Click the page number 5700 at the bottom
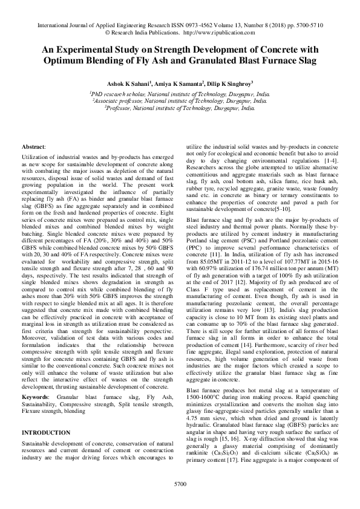point(180,484)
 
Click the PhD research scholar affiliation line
point(180,94)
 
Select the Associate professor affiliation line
point(180,102)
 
